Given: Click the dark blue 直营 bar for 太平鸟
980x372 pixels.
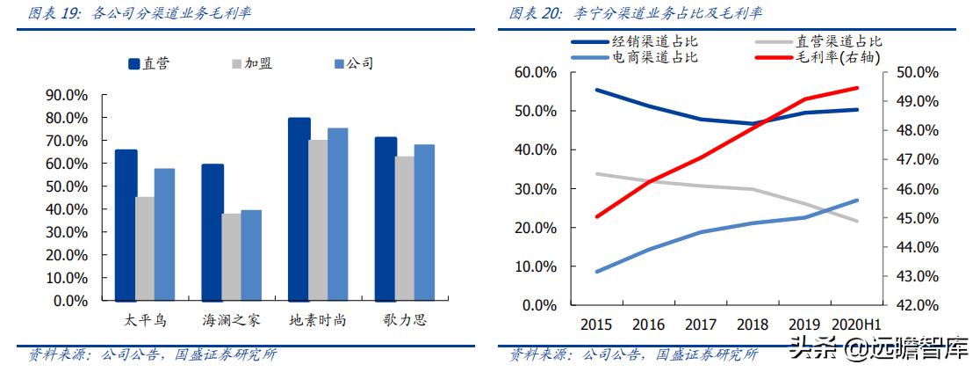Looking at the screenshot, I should pyautogui.click(x=126, y=224).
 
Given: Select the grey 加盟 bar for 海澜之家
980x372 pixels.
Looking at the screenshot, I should pyautogui.click(x=231, y=257).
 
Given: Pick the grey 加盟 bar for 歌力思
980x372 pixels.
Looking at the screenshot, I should pyautogui.click(x=404, y=228).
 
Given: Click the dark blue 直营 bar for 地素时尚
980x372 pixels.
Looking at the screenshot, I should pyautogui.click(x=299, y=208).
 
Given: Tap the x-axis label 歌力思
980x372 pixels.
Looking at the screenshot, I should pyautogui.click(x=405, y=320).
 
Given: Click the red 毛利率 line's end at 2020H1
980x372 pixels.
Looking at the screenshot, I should pyautogui.click(x=857, y=88).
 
